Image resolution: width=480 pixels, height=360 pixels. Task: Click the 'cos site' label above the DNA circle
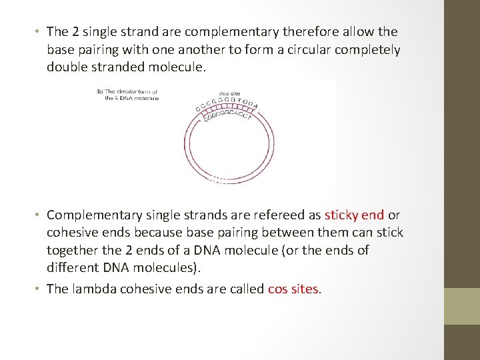coord(229,93)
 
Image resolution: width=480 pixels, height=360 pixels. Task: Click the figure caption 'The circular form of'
coord(128,91)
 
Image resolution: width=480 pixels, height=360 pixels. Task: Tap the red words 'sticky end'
coord(354,215)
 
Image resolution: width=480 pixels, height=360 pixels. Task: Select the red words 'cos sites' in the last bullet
coord(294,289)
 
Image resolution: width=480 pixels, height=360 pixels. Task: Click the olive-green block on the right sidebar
coord(461,306)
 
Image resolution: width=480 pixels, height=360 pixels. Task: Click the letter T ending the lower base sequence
coord(249,119)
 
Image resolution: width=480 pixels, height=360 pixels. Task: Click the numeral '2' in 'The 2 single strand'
coord(75,32)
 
